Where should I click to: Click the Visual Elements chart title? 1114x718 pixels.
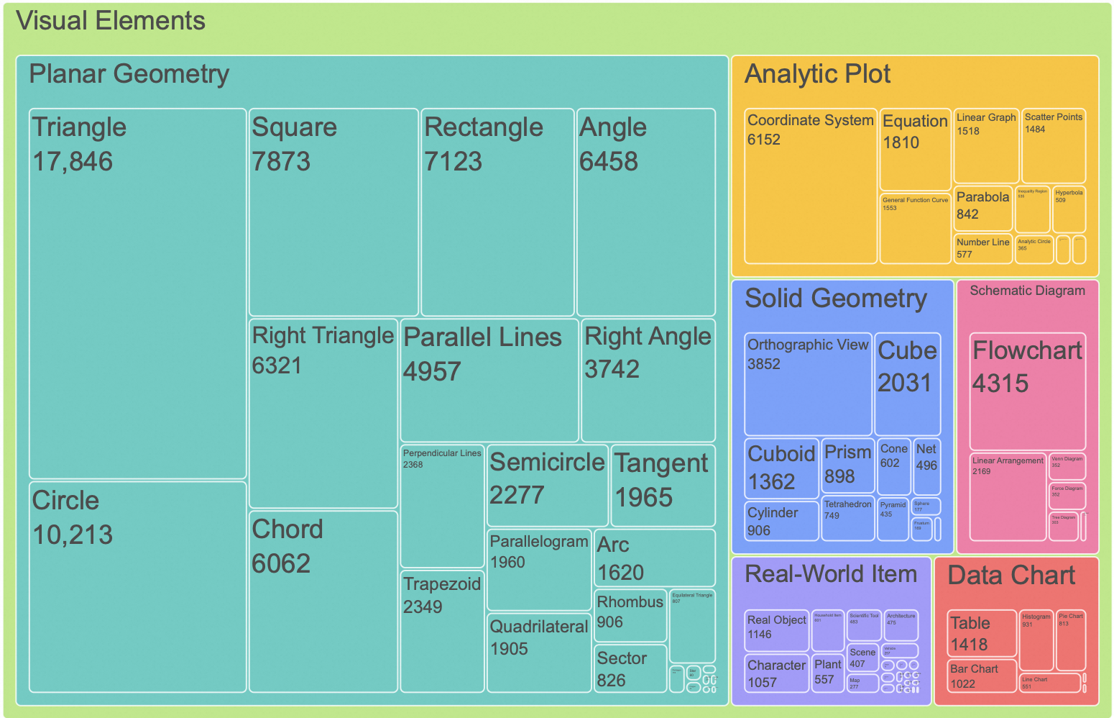(111, 21)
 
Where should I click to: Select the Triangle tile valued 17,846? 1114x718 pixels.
(137, 294)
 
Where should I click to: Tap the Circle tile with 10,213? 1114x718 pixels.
(137, 586)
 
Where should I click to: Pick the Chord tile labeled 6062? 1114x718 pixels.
(323, 601)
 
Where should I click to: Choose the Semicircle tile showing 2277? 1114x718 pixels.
(547, 485)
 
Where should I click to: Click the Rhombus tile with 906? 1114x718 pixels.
(630, 615)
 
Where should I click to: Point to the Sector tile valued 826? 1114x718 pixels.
(630, 669)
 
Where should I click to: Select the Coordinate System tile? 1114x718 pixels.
(810, 187)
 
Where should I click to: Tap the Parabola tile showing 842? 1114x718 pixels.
(982, 208)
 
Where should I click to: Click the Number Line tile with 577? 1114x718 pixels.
(982, 248)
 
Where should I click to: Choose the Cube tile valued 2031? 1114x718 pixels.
(907, 383)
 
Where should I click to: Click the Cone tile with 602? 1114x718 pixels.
(893, 466)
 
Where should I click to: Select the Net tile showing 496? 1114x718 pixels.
(926, 466)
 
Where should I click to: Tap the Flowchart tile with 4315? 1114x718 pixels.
(1027, 391)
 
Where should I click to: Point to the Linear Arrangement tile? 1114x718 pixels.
(1007, 496)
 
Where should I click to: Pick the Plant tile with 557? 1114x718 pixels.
(827, 673)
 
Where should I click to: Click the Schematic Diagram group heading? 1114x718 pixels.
(1027, 291)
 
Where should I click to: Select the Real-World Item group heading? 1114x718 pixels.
(831, 574)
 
